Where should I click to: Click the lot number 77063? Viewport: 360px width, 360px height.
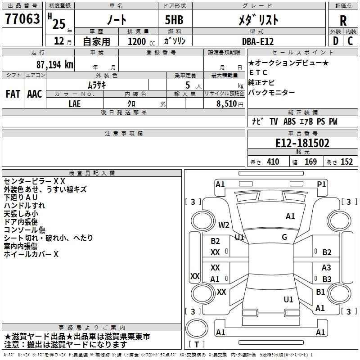(x=22, y=19)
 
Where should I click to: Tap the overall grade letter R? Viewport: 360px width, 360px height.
(x=343, y=21)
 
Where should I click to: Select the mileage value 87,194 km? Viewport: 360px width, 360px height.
(x=54, y=65)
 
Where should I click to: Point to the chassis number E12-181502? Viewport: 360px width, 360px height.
(x=302, y=143)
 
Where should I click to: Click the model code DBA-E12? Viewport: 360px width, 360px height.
(x=258, y=41)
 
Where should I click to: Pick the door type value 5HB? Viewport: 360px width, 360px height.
(x=174, y=20)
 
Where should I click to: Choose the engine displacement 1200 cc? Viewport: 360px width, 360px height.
(x=141, y=41)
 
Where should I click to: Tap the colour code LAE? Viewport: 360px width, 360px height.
(x=74, y=104)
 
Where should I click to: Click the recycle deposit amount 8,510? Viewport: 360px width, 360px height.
(x=227, y=104)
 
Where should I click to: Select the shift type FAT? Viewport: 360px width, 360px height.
(x=13, y=94)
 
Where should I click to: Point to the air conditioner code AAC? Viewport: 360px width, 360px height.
(x=35, y=94)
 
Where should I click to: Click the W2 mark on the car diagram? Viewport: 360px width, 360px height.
(x=224, y=225)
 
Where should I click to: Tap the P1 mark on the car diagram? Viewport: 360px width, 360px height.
(x=321, y=184)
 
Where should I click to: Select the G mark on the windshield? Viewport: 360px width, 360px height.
(x=284, y=237)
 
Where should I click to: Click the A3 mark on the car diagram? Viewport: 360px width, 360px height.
(x=326, y=267)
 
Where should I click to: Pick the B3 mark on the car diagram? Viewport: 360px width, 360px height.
(x=327, y=279)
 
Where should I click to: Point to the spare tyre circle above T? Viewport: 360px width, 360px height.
(x=197, y=328)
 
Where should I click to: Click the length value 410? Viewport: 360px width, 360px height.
(x=273, y=162)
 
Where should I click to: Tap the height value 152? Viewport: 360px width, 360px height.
(x=346, y=162)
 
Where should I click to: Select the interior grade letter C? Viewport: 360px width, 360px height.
(x=350, y=41)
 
